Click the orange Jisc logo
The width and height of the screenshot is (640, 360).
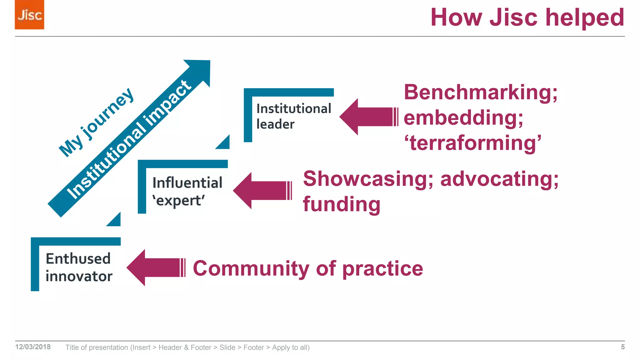click(x=29, y=15)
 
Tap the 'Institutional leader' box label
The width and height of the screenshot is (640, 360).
click(x=293, y=116)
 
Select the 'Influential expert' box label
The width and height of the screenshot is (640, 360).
click(x=187, y=191)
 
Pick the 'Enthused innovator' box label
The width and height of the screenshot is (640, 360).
click(x=78, y=267)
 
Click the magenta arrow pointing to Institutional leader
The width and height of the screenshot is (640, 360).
click(x=368, y=117)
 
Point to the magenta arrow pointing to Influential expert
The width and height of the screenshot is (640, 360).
click(x=262, y=191)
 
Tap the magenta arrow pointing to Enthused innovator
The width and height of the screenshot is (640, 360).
click(x=155, y=267)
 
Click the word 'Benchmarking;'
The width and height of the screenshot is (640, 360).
click(x=480, y=92)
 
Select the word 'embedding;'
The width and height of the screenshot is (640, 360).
click(x=463, y=118)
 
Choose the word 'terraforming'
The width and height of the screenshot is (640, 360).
click(x=472, y=143)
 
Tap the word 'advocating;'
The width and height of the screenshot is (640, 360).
click(x=499, y=179)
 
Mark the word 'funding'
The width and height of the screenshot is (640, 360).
click(x=342, y=204)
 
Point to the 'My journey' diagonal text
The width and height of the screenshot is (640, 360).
click(x=96, y=122)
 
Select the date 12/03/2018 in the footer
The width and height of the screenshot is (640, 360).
click(x=33, y=347)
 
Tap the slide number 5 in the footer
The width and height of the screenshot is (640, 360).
click(x=622, y=347)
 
